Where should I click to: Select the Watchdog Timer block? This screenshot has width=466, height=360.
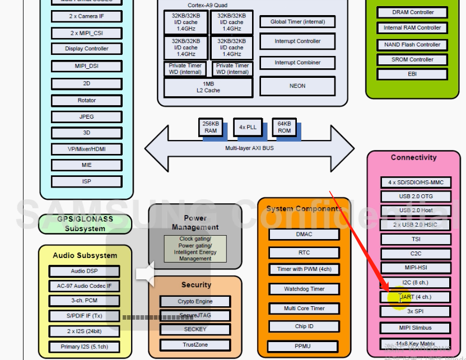point(304,289)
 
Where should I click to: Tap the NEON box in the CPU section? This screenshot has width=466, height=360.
point(297,86)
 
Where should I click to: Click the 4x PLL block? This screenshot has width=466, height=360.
point(248,127)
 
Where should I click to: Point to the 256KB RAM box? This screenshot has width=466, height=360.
point(210,127)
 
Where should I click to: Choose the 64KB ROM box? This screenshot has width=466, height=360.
point(285,127)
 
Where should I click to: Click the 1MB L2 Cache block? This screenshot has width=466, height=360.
point(208,87)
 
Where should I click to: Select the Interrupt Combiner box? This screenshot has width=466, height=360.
point(297,63)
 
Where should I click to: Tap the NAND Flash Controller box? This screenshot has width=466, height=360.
point(412,44)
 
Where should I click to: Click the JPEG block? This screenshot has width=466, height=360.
point(86,116)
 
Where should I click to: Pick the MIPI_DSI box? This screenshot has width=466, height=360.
point(86,66)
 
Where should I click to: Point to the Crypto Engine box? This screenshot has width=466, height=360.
point(195,301)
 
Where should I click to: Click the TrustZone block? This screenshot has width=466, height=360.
point(195,345)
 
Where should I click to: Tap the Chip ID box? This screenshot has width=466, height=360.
point(304,326)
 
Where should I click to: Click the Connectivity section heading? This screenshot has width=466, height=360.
point(413,158)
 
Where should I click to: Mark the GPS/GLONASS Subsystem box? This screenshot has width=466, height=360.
point(85,224)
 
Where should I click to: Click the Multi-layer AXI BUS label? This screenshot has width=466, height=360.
point(249,148)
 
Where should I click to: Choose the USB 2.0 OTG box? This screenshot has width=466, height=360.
point(416,197)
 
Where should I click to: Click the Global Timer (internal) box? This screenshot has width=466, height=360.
point(297,22)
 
